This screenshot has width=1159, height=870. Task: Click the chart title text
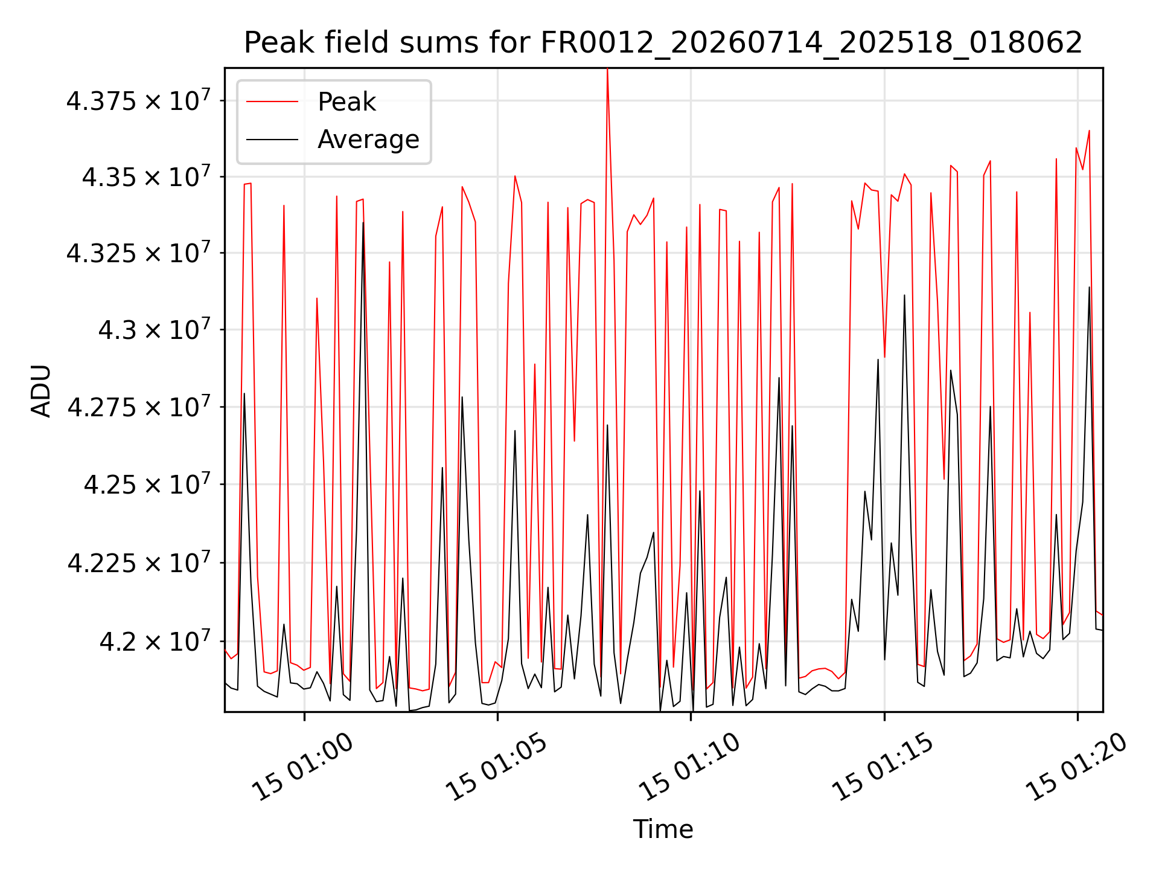tap(663, 43)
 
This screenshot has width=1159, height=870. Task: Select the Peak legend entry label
tap(346, 102)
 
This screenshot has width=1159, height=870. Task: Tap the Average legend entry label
tap(368, 140)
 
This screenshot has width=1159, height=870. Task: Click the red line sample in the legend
tap(272, 102)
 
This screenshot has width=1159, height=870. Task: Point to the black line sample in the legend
tap(272, 140)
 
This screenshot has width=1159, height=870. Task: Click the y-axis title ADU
tap(41, 390)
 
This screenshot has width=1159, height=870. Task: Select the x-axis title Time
tap(663, 830)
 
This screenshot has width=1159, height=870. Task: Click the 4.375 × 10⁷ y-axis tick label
tap(138, 100)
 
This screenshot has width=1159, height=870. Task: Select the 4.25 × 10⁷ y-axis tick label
tap(147, 484)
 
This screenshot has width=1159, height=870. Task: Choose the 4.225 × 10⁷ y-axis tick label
tap(139, 562)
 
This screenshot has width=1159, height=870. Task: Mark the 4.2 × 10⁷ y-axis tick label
tap(155, 641)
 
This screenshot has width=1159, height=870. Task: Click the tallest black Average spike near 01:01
tap(363, 223)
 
